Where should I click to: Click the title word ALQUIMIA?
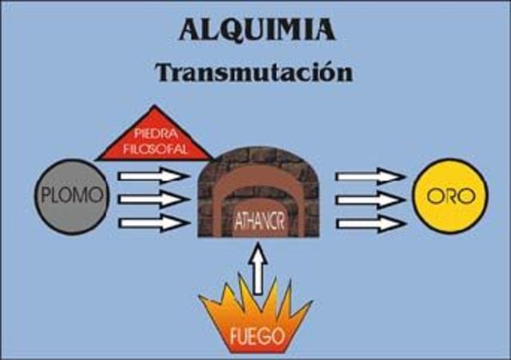pyautogui.click(x=255, y=30)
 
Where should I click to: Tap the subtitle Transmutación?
pyautogui.click(x=254, y=72)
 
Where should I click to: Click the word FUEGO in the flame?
pyautogui.click(x=255, y=335)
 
